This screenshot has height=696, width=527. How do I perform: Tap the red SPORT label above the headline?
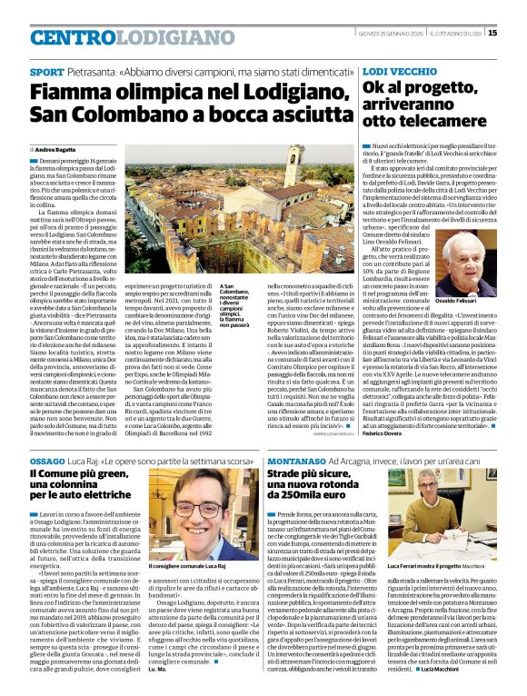point(46,72)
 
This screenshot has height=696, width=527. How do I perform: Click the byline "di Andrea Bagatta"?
point(59,148)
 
